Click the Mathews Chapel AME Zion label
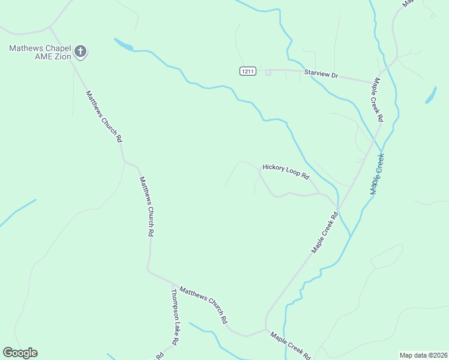(40, 52)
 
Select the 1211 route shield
(248, 71)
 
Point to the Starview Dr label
(322, 74)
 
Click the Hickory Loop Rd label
(286, 172)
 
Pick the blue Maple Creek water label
(377, 174)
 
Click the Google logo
(20, 353)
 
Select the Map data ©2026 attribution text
(423, 355)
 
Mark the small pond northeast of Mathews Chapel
(124, 44)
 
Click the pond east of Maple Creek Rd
(430, 95)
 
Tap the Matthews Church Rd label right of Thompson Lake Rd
(204, 305)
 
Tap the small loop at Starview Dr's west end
(268, 73)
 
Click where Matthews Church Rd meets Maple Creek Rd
(266, 329)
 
